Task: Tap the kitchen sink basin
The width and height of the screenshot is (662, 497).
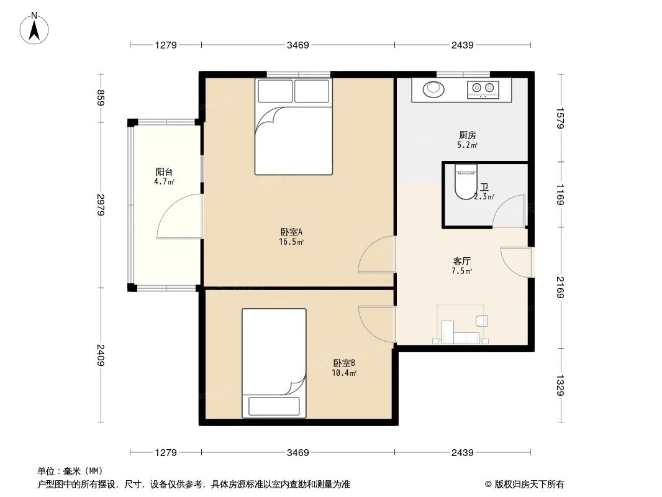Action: [433, 89]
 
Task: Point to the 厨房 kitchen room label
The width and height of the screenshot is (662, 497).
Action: [468, 135]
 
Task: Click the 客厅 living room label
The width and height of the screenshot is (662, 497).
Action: [462, 262]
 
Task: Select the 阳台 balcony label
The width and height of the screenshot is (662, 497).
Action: [164, 172]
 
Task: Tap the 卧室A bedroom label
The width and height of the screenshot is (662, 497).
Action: [291, 232]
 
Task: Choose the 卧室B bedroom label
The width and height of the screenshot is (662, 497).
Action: [344, 363]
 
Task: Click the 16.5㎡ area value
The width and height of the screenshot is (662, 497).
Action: [291, 242]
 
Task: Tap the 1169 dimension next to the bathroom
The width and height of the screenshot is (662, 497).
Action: [561, 194]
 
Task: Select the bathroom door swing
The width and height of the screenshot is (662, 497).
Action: [509, 211]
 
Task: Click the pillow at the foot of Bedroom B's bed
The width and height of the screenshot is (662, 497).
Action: [274, 406]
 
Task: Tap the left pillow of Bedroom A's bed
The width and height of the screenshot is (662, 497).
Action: [274, 91]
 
